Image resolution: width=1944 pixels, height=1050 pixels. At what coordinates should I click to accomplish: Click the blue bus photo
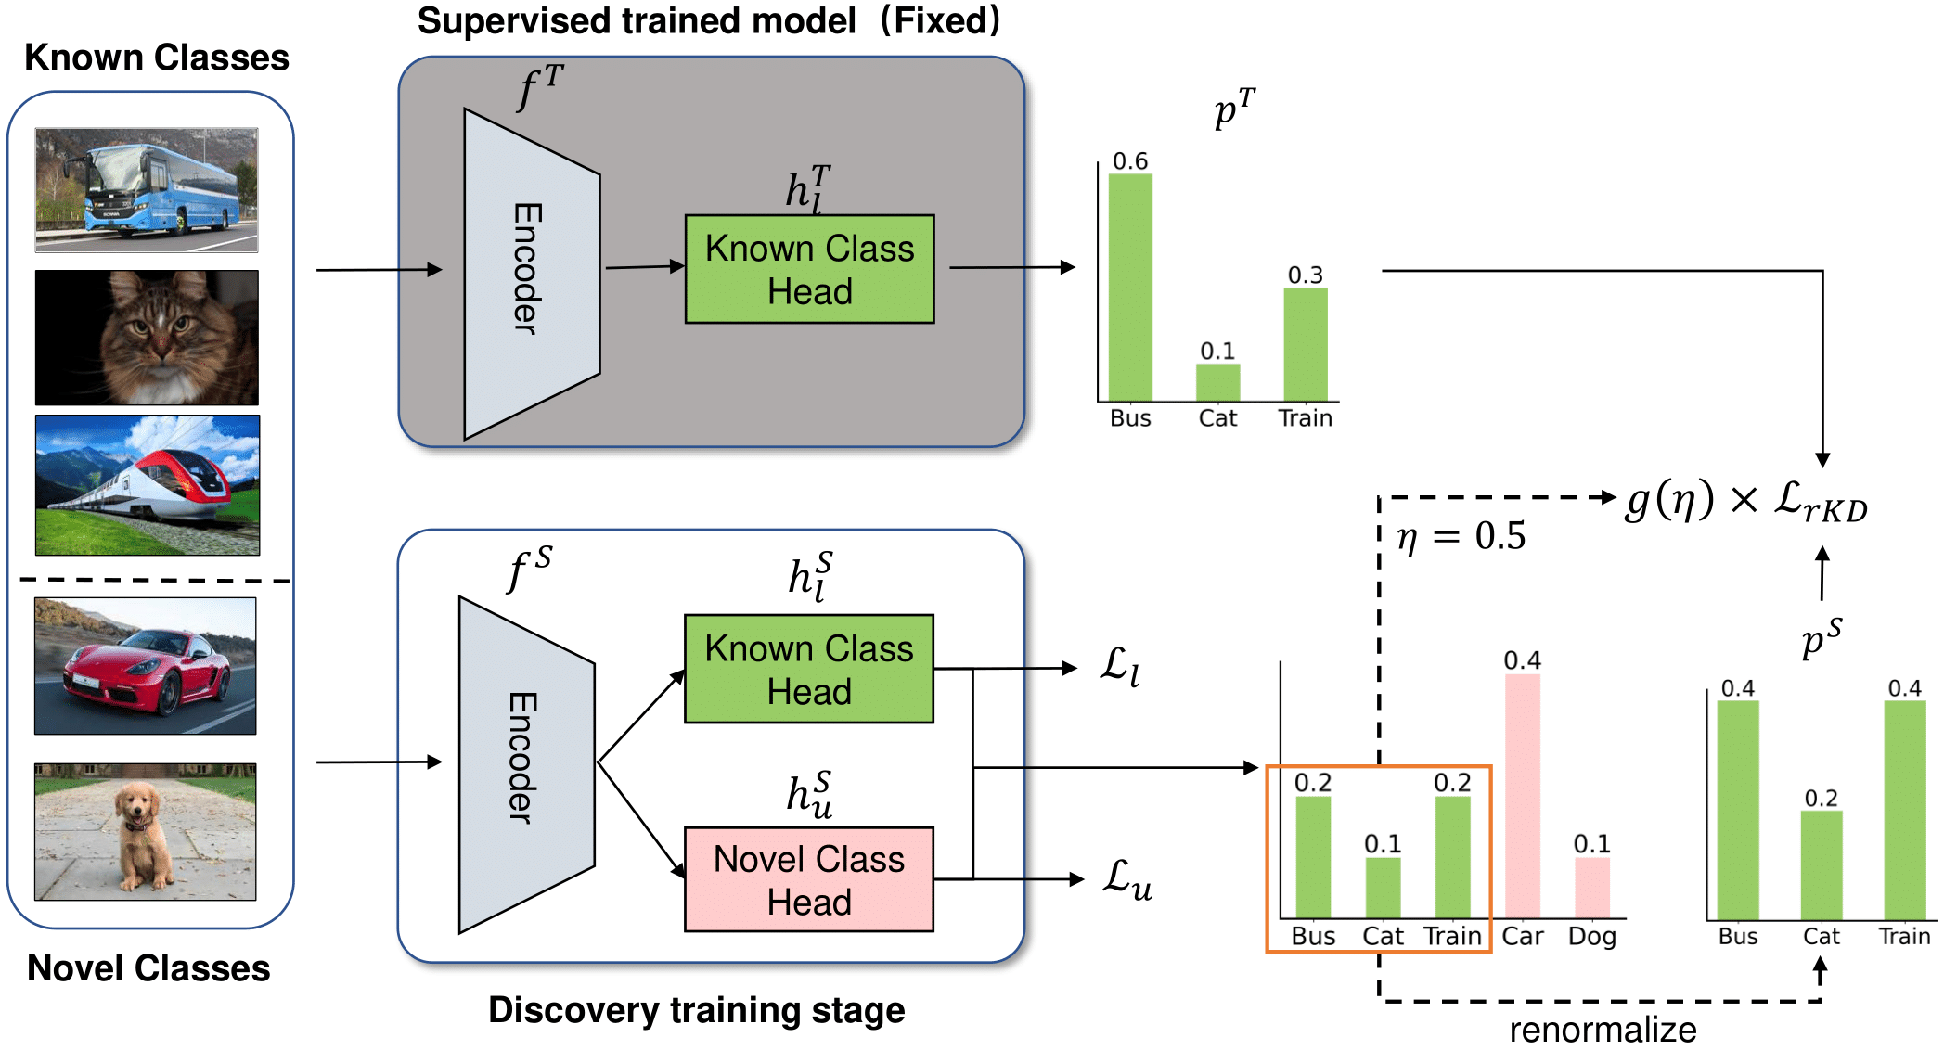147,190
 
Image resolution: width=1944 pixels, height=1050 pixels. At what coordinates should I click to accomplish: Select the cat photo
147,338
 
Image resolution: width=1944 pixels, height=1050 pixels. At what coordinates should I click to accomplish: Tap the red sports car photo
146,666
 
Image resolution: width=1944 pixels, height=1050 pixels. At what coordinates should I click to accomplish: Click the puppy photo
146,832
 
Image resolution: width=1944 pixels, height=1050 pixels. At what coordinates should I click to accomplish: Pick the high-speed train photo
148,485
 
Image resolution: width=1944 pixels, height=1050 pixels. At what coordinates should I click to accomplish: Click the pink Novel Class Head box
809,879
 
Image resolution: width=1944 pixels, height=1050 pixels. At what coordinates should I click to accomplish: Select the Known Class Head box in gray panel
809,269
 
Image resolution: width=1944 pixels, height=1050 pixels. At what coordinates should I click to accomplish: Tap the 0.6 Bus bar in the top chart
1130,288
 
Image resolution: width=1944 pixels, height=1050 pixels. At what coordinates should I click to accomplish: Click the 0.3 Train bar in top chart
1305,345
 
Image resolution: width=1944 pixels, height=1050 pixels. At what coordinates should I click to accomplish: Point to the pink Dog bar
1591,888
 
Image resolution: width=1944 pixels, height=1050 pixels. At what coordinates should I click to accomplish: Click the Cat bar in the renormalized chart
1821,864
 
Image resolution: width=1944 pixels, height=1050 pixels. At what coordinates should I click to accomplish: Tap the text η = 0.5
1461,536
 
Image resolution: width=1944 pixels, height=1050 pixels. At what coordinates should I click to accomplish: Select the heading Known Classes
156,58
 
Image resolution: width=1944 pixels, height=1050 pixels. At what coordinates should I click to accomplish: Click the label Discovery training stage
696,1010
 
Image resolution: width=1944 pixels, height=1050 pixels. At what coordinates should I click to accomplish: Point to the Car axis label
1522,937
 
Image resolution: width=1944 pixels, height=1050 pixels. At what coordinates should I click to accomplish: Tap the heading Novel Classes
148,968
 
